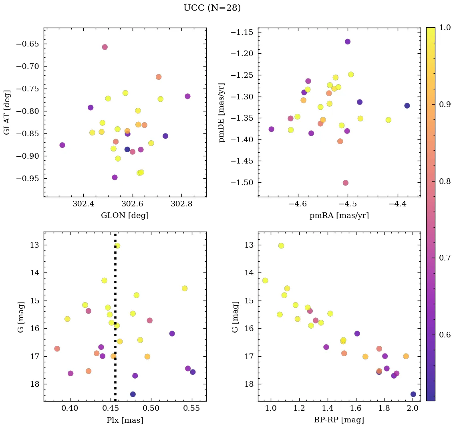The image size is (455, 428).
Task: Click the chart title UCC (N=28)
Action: click(212, 8)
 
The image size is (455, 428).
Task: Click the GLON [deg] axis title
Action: click(125, 216)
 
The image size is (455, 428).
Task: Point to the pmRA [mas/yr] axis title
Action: click(339, 216)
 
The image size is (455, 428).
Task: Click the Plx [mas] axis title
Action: click(125, 420)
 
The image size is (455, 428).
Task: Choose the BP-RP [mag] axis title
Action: click(339, 420)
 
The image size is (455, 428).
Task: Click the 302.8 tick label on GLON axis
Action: click(182, 204)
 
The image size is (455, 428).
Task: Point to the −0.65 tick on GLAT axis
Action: click(27, 44)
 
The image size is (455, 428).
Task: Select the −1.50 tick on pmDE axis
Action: click(242, 183)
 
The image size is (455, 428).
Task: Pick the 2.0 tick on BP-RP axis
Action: click(413, 408)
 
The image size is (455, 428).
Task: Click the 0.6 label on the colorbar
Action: click(445, 335)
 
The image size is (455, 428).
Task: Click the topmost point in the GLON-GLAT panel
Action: click(105, 47)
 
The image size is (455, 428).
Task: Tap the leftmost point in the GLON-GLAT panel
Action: click(62, 145)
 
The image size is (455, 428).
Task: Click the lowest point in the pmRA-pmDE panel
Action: click(345, 183)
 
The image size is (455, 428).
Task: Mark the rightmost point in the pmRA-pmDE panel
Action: click(407, 106)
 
